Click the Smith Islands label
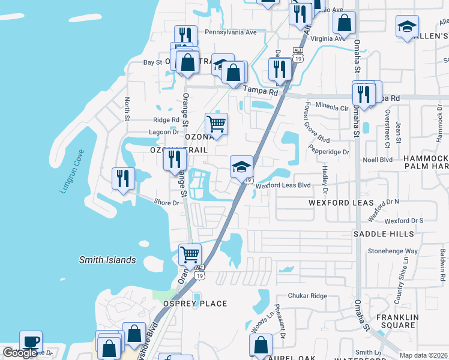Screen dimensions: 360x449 [108, 260]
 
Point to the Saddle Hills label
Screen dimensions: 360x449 [384, 233]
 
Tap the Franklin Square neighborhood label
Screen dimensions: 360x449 [396, 321]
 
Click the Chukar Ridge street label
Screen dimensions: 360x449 [307, 296]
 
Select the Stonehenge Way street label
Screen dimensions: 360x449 [393, 251]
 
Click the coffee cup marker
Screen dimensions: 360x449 [31, 341]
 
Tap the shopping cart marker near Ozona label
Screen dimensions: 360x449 [216, 124]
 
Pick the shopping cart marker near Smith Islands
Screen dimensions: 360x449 [190, 254]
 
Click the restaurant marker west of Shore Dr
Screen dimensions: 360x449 [123, 178]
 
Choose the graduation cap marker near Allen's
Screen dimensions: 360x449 [407, 26]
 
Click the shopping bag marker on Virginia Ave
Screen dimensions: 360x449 [345, 24]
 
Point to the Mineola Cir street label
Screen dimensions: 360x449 [332, 109]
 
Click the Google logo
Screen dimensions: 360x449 [20, 353]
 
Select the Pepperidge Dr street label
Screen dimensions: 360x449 [328, 152]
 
